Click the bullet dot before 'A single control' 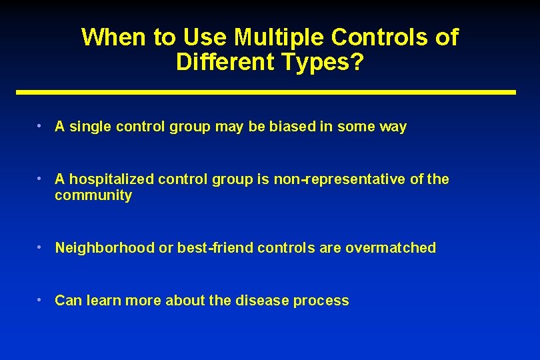pyautogui.click(x=41, y=125)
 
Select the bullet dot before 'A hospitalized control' pyautogui.click(x=41, y=179)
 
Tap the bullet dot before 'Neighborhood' pyautogui.click(x=41, y=247)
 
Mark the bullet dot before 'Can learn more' pyautogui.click(x=41, y=300)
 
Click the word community pyautogui.click(x=93, y=195)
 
